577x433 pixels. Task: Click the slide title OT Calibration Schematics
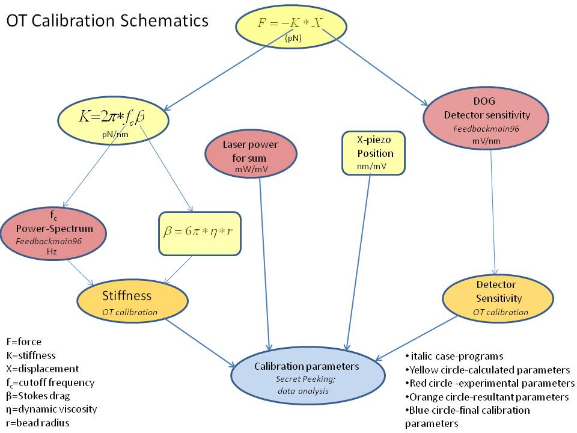[108, 20]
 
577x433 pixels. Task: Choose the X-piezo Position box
[374, 153]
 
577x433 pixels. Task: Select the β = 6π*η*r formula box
[200, 233]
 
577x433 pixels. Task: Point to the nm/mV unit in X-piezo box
[374, 165]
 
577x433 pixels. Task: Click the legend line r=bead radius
[37, 422]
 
